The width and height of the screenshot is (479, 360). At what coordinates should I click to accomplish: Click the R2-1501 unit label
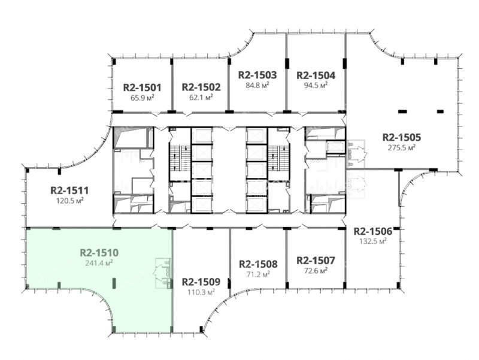click(x=142, y=87)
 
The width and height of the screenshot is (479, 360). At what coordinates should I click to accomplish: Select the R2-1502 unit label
click(x=201, y=87)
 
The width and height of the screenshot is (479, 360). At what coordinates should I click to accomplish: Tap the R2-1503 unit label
click(x=257, y=75)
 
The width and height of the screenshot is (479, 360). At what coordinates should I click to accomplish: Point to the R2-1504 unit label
click(x=316, y=75)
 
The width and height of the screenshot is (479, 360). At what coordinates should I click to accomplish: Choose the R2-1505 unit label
click(x=402, y=137)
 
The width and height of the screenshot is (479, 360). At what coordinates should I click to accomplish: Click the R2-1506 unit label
click(x=372, y=231)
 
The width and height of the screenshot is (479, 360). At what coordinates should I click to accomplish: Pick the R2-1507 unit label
click(x=316, y=261)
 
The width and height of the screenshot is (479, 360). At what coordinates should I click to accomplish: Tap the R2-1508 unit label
click(x=258, y=264)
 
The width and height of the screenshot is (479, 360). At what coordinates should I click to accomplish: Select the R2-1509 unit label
click(x=201, y=282)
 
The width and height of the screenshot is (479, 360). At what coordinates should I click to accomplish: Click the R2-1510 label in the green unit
click(x=99, y=253)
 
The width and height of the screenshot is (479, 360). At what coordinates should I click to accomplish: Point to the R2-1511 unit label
click(x=69, y=190)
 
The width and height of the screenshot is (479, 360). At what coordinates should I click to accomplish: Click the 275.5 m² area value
click(x=402, y=147)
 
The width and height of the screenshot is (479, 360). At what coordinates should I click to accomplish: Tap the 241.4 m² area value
click(x=99, y=263)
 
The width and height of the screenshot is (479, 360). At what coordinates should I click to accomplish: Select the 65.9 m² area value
click(x=142, y=98)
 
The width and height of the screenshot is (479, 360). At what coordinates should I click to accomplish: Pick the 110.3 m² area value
click(x=201, y=292)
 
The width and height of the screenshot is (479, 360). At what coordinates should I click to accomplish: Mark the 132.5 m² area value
click(x=372, y=241)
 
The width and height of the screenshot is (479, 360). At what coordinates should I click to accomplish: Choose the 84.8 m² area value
click(x=257, y=85)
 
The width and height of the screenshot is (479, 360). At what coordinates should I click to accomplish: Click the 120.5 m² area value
click(x=69, y=201)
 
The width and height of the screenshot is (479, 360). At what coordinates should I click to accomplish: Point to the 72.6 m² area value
click(x=316, y=271)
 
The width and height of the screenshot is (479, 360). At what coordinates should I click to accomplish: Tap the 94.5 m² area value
click(x=316, y=85)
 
